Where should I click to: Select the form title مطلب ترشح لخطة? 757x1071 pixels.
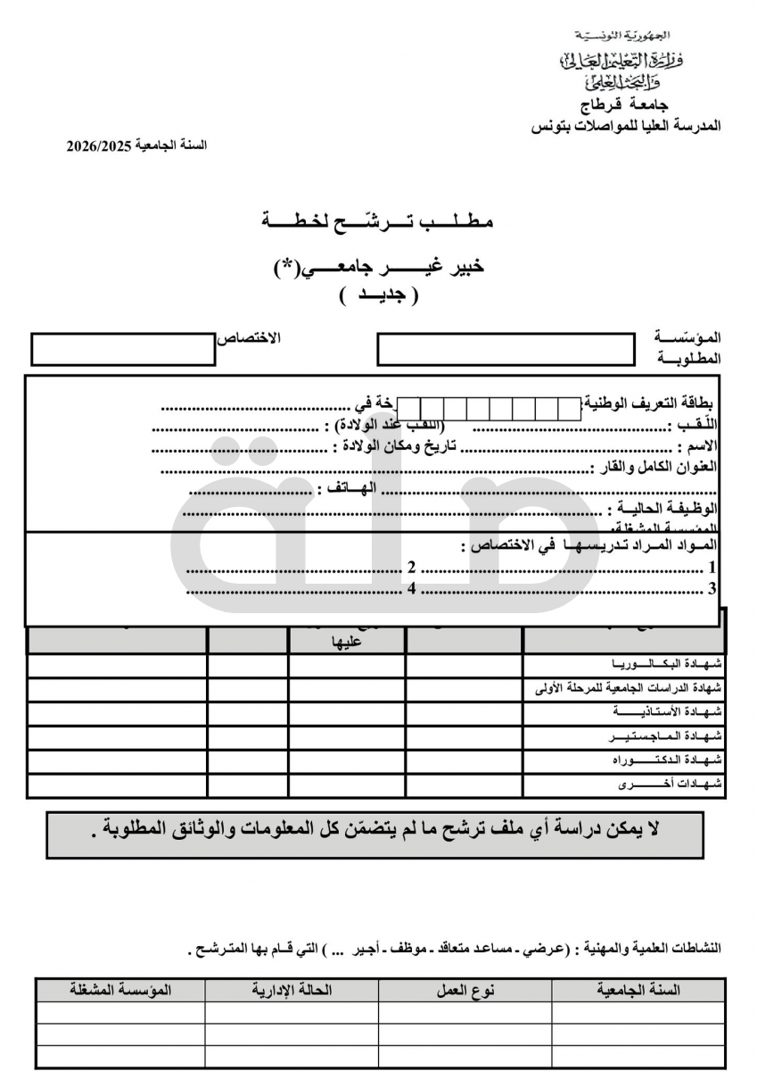point(378,220)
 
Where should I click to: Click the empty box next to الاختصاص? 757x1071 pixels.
point(123,349)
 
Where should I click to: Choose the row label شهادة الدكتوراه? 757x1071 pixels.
point(667,760)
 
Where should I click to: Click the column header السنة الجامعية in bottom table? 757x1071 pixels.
point(638,990)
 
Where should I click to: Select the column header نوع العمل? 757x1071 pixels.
point(465,990)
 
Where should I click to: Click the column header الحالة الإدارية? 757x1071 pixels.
point(292,990)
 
